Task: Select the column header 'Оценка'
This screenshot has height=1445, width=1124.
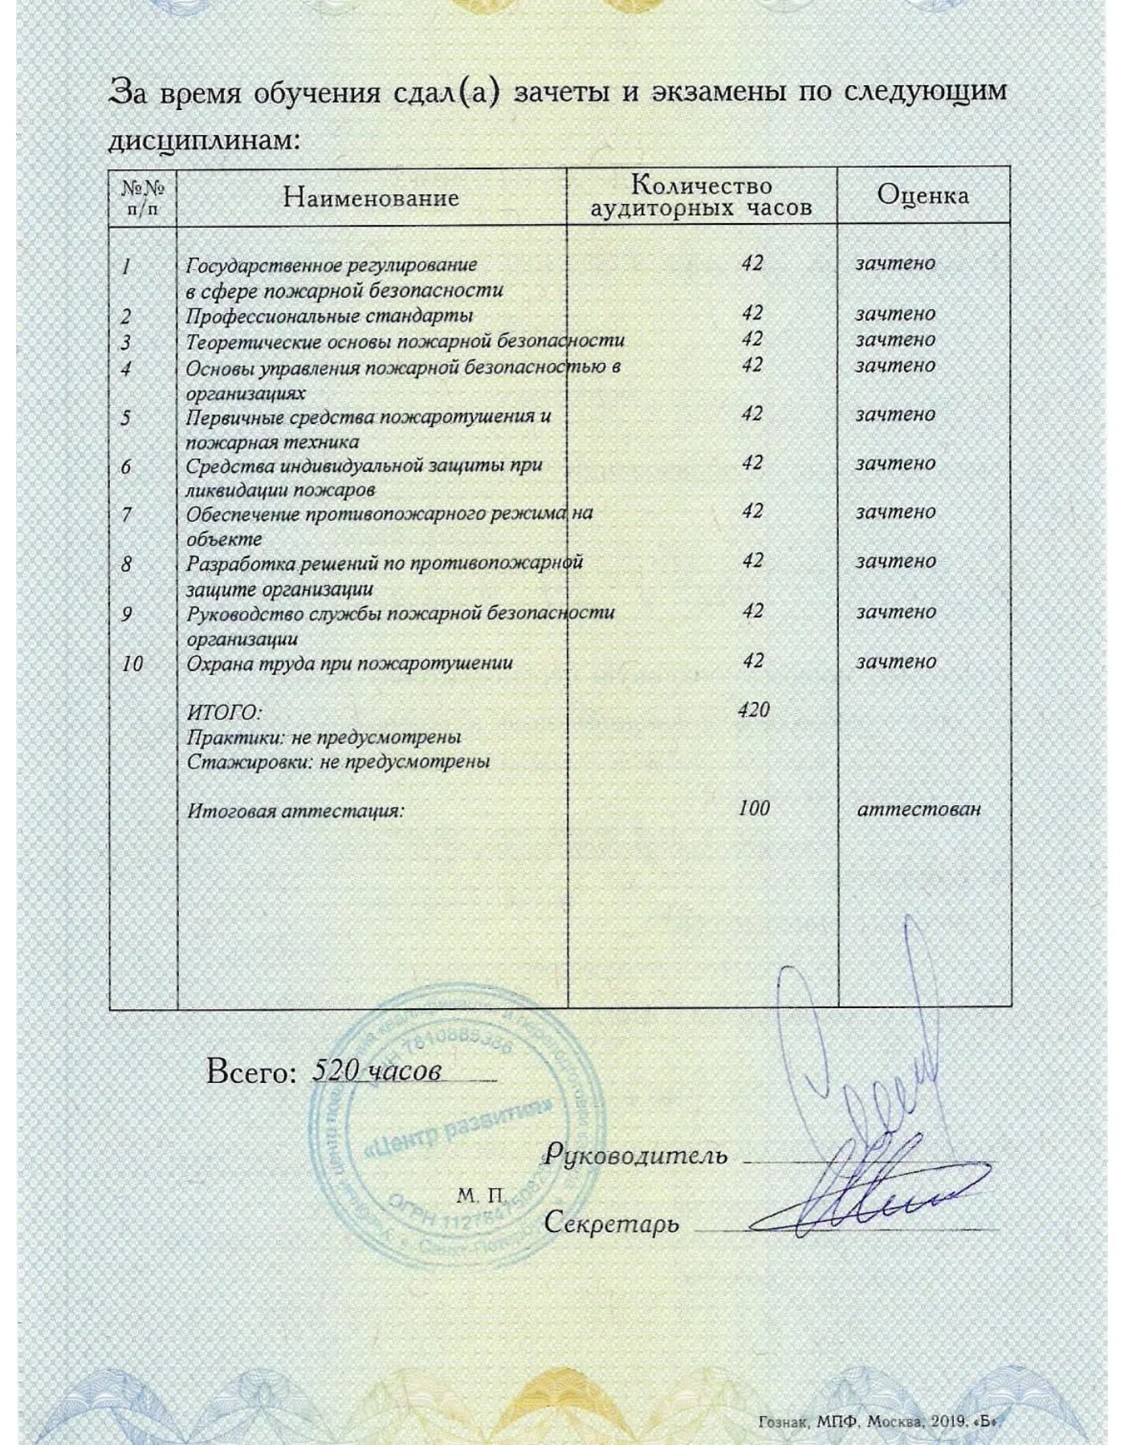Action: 922,195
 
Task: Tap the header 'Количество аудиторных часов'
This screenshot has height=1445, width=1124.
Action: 702,197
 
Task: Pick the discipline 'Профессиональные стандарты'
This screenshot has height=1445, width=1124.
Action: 329,315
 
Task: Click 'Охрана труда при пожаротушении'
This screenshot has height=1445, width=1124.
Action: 349,664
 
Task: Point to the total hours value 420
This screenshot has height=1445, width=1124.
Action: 753,710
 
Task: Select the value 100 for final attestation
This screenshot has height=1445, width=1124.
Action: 754,808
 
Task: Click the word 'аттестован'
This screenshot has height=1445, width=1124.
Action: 918,809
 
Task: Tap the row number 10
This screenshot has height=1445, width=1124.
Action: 132,664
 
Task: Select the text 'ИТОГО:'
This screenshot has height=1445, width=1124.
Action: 224,713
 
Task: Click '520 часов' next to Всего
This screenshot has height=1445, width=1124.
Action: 377,1071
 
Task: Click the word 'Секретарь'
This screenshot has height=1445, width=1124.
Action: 611,1223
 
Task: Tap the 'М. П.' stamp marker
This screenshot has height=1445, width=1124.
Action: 480,1196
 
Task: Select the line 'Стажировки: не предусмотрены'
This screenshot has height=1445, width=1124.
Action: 338,761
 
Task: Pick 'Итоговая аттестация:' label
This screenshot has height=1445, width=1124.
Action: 295,811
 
